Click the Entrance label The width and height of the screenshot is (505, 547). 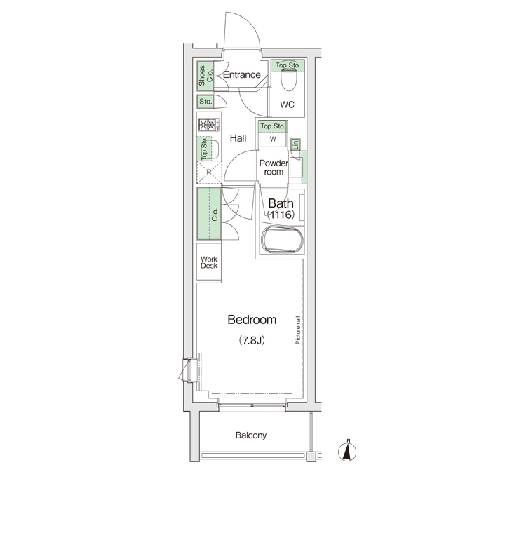241,74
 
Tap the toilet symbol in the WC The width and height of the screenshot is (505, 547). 288,79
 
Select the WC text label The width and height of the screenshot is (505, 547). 287,104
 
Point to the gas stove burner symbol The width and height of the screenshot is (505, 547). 209,125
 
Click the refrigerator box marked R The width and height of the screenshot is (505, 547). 209,173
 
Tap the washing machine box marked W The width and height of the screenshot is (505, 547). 273,139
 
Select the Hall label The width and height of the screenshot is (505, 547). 238,138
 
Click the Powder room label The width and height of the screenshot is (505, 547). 274,168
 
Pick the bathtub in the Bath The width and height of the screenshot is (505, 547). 282,240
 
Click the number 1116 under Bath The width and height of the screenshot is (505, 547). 281,215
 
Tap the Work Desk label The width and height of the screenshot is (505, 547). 209,262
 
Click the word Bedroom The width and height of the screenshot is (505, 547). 252,320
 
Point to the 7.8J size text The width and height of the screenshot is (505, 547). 252,340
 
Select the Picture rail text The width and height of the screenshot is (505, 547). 297,330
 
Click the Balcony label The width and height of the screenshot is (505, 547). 251,435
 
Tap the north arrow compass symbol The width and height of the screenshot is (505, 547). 347,451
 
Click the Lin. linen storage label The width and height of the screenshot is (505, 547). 295,144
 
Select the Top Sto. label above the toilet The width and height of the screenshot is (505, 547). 288,65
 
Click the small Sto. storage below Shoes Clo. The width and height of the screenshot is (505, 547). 206,102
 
